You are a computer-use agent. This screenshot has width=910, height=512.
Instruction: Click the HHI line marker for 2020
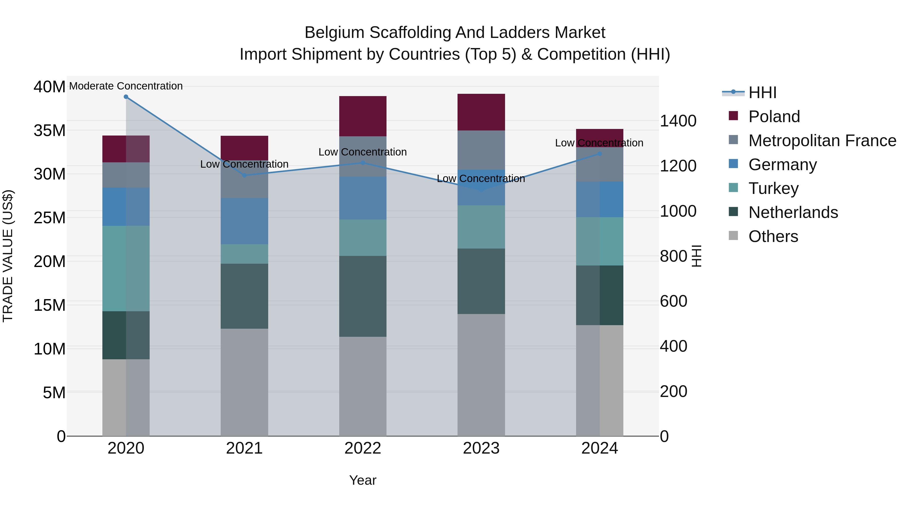(x=126, y=97)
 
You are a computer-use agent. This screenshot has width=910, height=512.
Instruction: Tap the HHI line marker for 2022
(x=363, y=163)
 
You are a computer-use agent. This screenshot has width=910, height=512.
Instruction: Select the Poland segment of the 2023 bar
(x=481, y=112)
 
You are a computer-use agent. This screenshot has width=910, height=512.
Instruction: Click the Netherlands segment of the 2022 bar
(x=363, y=296)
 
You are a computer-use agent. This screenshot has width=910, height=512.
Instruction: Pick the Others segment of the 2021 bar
(x=244, y=382)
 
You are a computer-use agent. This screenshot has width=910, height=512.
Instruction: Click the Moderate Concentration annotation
(x=126, y=86)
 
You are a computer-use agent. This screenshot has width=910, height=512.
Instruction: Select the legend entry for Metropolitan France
(x=822, y=141)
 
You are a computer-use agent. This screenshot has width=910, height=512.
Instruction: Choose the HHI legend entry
(x=762, y=93)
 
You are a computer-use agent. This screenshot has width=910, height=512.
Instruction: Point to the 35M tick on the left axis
(x=50, y=130)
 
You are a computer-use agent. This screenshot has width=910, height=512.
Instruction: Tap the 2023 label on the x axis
(x=481, y=448)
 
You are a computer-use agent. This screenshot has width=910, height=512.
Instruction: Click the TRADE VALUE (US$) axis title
(x=8, y=256)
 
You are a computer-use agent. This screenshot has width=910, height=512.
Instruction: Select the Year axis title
(x=363, y=480)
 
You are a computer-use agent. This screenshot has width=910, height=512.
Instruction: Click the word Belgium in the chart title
(x=334, y=33)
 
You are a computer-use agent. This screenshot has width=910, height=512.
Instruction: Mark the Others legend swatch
(x=733, y=236)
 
